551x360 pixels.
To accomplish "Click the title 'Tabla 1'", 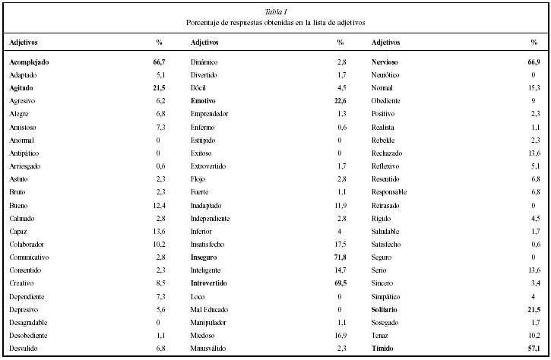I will click(x=275, y=11).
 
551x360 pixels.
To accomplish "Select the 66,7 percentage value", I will click(x=158, y=62).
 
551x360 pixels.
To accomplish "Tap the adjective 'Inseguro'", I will click(x=207, y=257).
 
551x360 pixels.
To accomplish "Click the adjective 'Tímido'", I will click(x=385, y=348).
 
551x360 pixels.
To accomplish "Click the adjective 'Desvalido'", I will click(x=25, y=348).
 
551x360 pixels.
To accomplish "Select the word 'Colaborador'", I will click(x=28, y=244).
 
